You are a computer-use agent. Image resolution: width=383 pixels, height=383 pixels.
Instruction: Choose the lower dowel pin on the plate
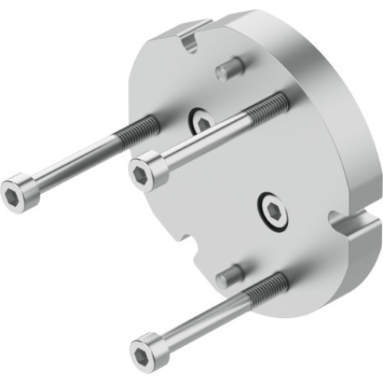[229, 273]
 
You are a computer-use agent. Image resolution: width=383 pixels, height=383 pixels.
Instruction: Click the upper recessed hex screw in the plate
[201, 121]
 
